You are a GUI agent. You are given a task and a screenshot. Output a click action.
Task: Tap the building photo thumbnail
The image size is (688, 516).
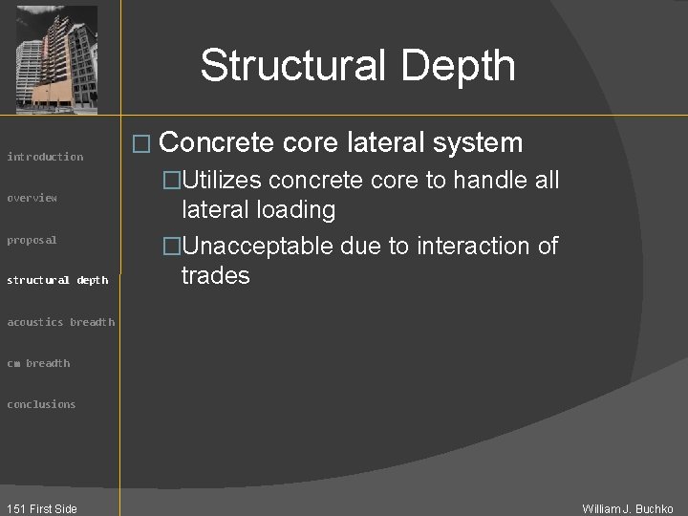coord(57,59)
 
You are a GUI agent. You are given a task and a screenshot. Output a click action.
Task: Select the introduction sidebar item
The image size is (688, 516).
coord(45,157)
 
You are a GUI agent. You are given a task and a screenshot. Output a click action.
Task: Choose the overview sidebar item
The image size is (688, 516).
coord(32,198)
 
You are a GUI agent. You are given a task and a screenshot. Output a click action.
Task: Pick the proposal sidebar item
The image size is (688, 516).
coord(32,240)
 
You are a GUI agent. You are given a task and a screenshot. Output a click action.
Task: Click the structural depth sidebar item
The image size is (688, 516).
coord(57,280)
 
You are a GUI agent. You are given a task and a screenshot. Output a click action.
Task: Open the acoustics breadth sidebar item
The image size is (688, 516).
coord(61,322)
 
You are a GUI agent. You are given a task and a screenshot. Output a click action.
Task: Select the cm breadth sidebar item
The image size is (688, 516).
coord(38,363)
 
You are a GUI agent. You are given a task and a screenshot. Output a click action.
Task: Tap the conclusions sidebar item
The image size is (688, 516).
coord(41,404)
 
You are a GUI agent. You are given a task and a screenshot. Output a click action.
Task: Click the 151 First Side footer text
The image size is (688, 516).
coord(40,508)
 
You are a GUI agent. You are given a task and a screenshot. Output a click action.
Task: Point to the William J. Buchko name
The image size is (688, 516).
coord(628,508)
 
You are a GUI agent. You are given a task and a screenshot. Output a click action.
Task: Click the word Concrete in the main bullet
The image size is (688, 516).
coord(218,143)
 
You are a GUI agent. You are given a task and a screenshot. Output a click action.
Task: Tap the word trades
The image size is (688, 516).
coord(216,276)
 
